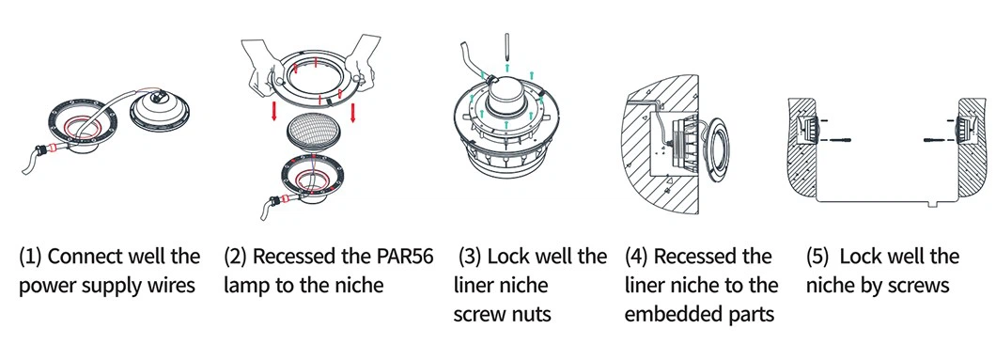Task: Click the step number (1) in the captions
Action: pyautogui.click(x=30, y=258)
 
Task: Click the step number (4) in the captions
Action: pyautogui.click(x=636, y=258)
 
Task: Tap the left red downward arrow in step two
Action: pyautogui.click(x=273, y=109)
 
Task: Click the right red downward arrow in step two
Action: pyautogui.click(x=352, y=109)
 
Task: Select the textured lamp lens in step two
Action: pyautogui.click(x=314, y=133)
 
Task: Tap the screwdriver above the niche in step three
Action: pyautogui.click(x=506, y=47)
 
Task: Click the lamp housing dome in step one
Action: pyautogui.click(x=161, y=109)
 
